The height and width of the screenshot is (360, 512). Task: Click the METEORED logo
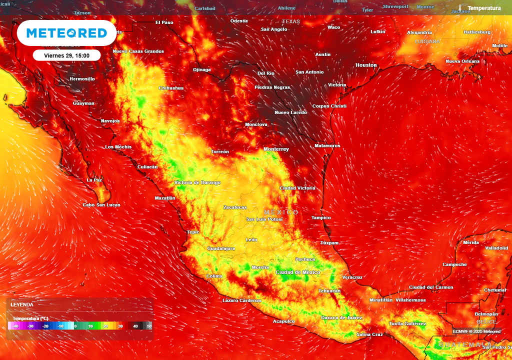[x=66, y=33]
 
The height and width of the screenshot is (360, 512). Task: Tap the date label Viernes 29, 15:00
[x=67, y=55]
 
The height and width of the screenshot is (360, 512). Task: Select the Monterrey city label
[x=276, y=149]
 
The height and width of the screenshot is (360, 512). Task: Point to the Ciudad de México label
[x=298, y=272]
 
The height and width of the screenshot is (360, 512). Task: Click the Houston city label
[x=366, y=65]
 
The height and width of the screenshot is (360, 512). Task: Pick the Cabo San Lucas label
[x=101, y=204]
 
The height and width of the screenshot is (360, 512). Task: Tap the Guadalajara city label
[x=221, y=248]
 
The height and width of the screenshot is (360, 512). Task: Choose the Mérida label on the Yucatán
[x=471, y=242]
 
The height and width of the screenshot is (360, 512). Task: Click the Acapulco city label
[x=283, y=321]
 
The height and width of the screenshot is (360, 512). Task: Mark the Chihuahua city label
[x=171, y=88]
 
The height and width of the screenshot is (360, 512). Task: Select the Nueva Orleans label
[x=462, y=61]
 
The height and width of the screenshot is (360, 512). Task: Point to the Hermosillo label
[x=82, y=79]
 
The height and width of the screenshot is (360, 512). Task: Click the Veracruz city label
[x=352, y=277]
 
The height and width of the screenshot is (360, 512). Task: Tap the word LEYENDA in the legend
[x=22, y=304]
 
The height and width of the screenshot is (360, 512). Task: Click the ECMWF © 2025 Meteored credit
[x=476, y=331]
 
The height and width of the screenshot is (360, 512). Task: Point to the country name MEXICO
[x=281, y=212]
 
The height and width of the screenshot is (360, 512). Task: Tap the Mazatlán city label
[x=165, y=198]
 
